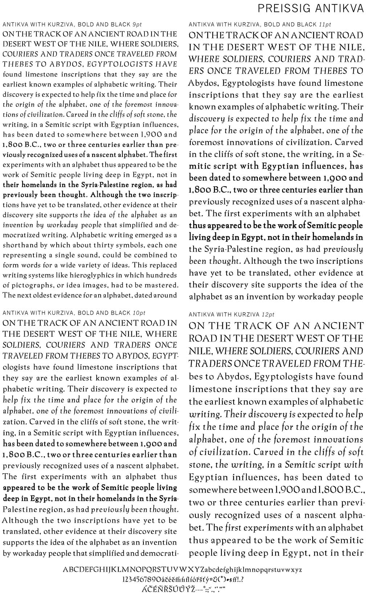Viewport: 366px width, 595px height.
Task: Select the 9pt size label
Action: coord(137,24)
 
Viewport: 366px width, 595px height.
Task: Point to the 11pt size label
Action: coord(325,24)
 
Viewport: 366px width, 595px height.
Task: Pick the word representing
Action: coord(25,255)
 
